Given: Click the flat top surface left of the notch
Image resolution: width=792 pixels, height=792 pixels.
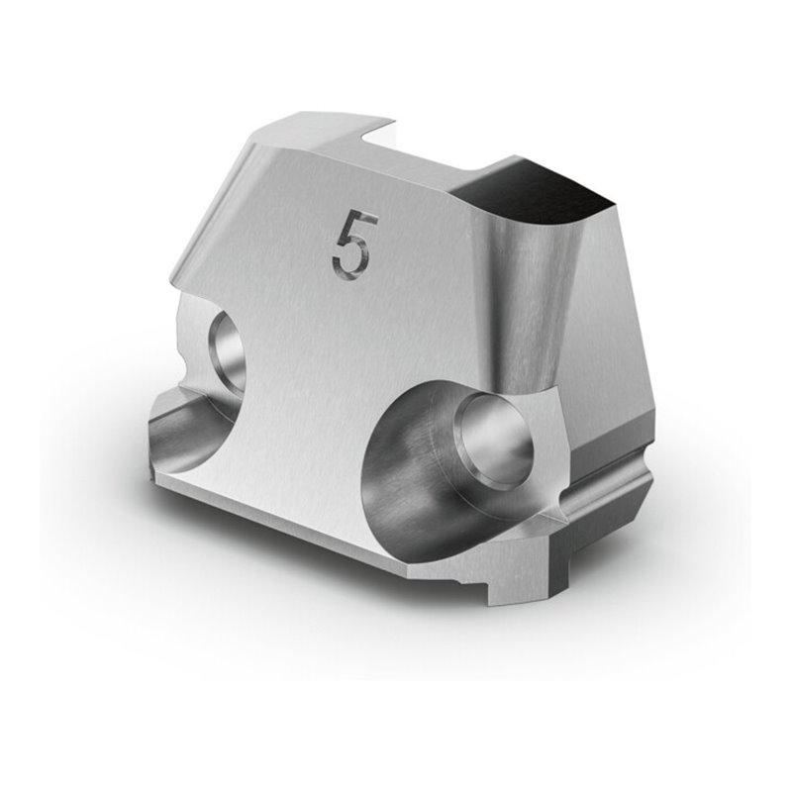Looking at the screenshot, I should click(317, 134).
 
